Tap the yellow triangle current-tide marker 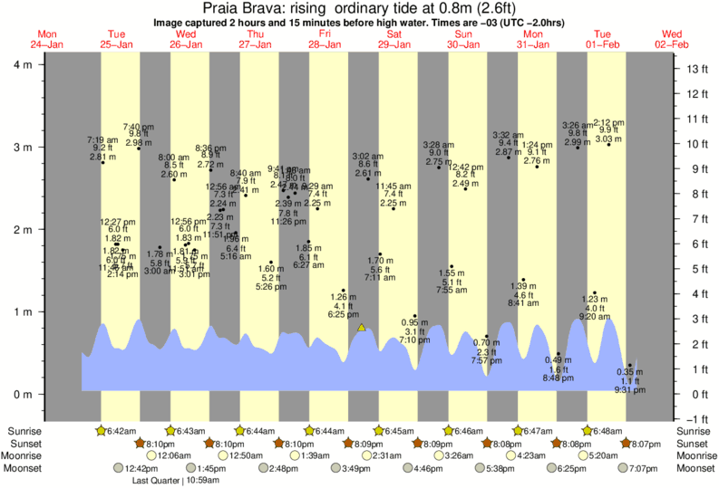pos(362,327)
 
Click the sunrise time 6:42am pos(122,431)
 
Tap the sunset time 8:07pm pos(646,444)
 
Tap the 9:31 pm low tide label pos(624,390)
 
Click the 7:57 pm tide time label pos(486,360)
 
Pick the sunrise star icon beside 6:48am pos(588,431)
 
